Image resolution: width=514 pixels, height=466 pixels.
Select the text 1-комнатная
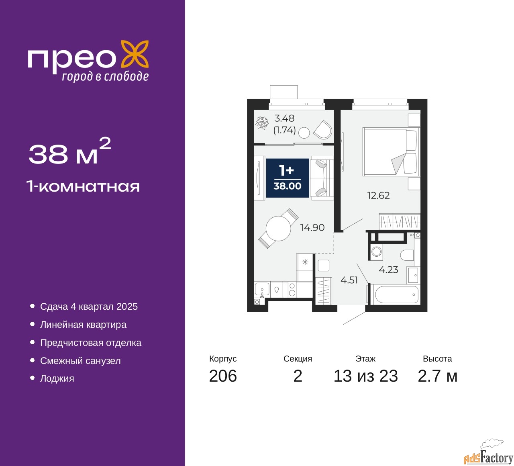[83, 186]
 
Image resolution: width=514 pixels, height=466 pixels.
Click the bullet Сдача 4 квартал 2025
[89, 307]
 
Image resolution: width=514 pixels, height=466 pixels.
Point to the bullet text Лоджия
[57, 378]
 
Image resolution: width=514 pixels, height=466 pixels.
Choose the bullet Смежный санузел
[80, 361]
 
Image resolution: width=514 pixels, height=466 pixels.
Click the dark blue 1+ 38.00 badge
[288, 178]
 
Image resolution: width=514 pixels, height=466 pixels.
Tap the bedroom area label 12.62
[378, 196]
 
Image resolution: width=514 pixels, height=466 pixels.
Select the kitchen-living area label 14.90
[312, 227]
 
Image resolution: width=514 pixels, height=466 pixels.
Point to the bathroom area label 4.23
[388, 270]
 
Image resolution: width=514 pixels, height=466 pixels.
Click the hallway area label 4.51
[349, 280]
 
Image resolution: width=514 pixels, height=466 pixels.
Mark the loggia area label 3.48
[284, 119]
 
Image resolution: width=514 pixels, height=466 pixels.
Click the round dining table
[278, 229]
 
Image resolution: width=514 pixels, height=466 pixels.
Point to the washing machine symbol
[377, 252]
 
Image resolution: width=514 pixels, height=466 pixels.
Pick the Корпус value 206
[223, 376]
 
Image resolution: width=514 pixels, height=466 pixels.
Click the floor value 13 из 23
[365, 376]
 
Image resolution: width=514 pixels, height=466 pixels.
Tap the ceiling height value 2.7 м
[437, 376]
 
